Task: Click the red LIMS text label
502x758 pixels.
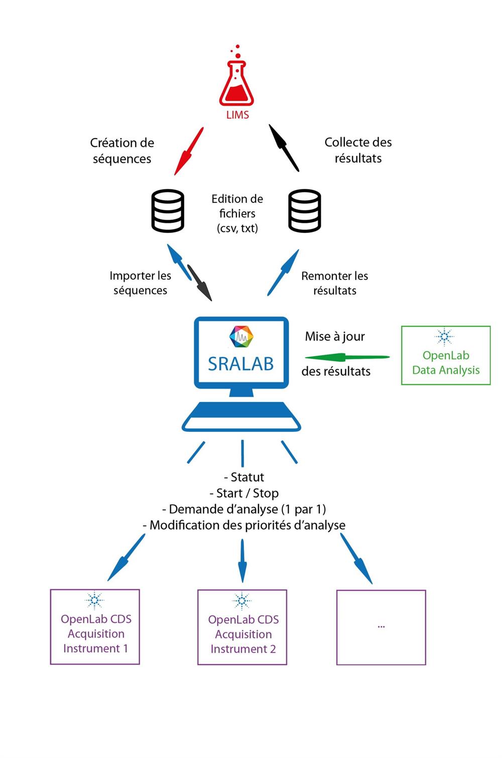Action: tap(237, 115)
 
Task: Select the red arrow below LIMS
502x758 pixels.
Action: tap(189, 151)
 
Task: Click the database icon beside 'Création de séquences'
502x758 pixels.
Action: tap(168, 211)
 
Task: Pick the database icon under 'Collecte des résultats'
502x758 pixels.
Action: tap(305, 211)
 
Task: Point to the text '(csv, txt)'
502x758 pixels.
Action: tap(237, 228)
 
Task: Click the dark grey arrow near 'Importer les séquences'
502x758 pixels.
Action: tap(199, 282)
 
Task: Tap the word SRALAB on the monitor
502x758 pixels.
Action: tap(241, 363)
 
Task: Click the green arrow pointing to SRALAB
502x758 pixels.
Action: tap(347, 357)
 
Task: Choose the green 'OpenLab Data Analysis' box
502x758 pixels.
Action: tap(446, 356)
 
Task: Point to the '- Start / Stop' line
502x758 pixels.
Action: tap(244, 493)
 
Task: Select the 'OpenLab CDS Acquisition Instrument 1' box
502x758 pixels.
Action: tap(95, 627)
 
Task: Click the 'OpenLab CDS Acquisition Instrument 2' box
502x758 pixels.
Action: tap(242, 627)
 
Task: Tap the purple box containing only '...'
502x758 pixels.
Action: tap(381, 627)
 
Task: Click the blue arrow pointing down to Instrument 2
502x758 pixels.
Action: tap(242, 561)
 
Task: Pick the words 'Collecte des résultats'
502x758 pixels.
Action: tap(358, 150)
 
